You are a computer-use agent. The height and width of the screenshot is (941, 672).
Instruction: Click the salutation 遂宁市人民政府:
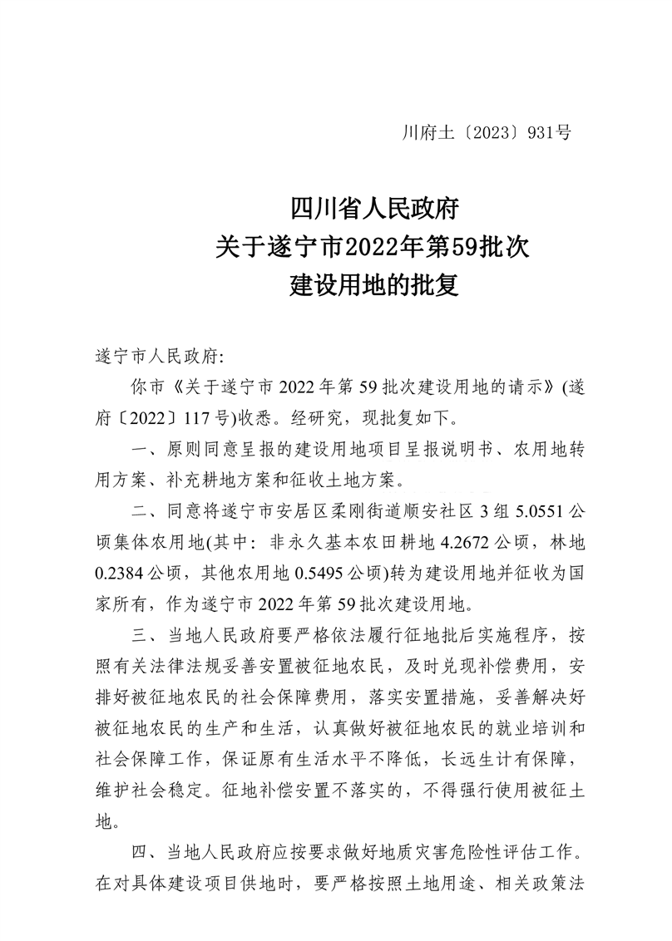157,357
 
